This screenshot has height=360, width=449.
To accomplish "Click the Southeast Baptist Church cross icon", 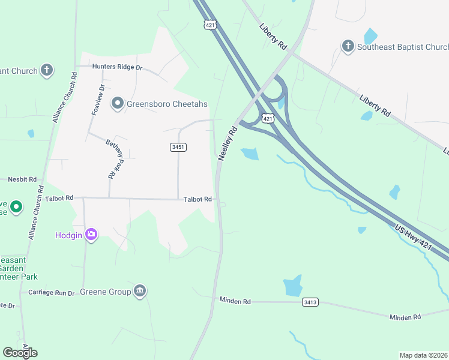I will [348, 46].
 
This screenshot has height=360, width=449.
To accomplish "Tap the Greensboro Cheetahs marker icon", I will [118, 104].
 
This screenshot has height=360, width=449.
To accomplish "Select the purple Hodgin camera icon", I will [91, 234].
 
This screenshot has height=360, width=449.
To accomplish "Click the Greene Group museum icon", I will [140, 292].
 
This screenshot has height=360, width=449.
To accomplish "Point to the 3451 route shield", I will [178, 147].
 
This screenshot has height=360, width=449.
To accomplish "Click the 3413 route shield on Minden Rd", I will [310, 302].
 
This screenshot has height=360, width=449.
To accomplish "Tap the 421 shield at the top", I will [209, 25].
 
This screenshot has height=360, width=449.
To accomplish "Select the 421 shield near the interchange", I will [268, 119].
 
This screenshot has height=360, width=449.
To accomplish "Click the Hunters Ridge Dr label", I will [117, 68].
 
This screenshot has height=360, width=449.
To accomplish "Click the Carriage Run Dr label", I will [51, 293].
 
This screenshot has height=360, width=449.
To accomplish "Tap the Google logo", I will [20, 352].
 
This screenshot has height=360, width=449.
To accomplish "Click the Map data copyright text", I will [423, 355].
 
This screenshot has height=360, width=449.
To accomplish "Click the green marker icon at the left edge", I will [16, 208].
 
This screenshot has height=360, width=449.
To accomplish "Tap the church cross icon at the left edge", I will [47, 71].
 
